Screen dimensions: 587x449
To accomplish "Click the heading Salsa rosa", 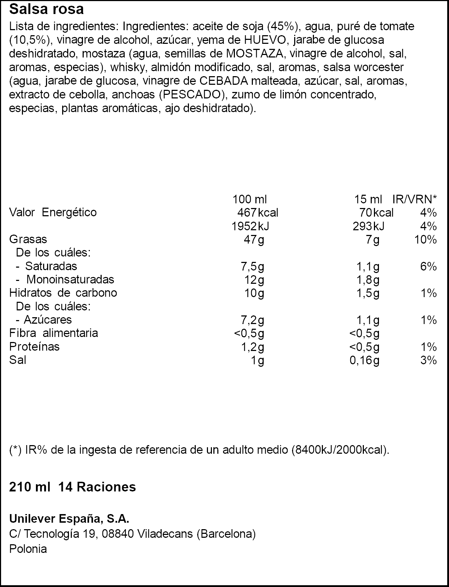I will click(x=46, y=9).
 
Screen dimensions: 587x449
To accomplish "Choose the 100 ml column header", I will click(x=250, y=199).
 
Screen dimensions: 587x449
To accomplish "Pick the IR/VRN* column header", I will click(x=415, y=199).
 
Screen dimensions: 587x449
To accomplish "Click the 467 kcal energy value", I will click(x=258, y=213).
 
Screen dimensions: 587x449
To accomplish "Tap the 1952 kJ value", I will click(x=250, y=226).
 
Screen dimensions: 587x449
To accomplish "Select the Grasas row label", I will click(x=28, y=239).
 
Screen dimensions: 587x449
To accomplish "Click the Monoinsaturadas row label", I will click(x=70, y=279).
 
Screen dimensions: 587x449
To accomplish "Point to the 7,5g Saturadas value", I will click(x=252, y=266).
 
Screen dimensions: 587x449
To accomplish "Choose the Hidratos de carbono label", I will click(x=63, y=293).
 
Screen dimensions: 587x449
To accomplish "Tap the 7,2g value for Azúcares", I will click(x=252, y=320).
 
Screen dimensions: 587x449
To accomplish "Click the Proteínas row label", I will click(x=34, y=347).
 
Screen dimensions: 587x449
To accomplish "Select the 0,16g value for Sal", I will click(x=364, y=360).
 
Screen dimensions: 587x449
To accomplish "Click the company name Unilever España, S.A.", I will click(x=69, y=519).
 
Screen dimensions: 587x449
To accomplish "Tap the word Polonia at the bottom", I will click(x=28, y=549).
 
